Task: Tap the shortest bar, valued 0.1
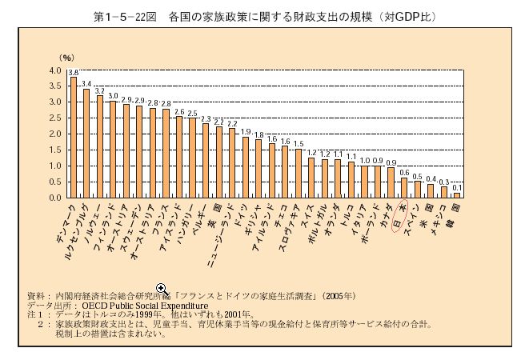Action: point(457,195)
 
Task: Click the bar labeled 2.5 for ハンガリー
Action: point(192,158)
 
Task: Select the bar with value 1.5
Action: point(299,173)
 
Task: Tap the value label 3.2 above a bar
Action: point(100,91)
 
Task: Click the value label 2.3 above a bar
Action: point(206,118)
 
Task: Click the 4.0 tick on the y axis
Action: point(54,71)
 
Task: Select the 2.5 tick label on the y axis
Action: point(54,118)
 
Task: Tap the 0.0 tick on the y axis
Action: point(54,198)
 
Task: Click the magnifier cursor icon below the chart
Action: point(162,288)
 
